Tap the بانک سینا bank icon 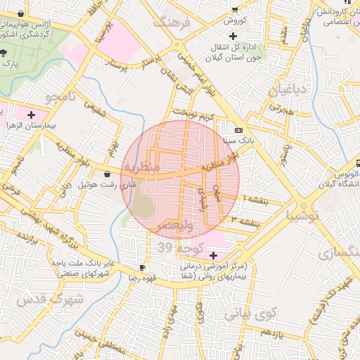point(238,130)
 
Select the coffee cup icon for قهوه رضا point(143,267)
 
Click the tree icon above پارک point(4,53)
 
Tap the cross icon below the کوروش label point(233,35)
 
